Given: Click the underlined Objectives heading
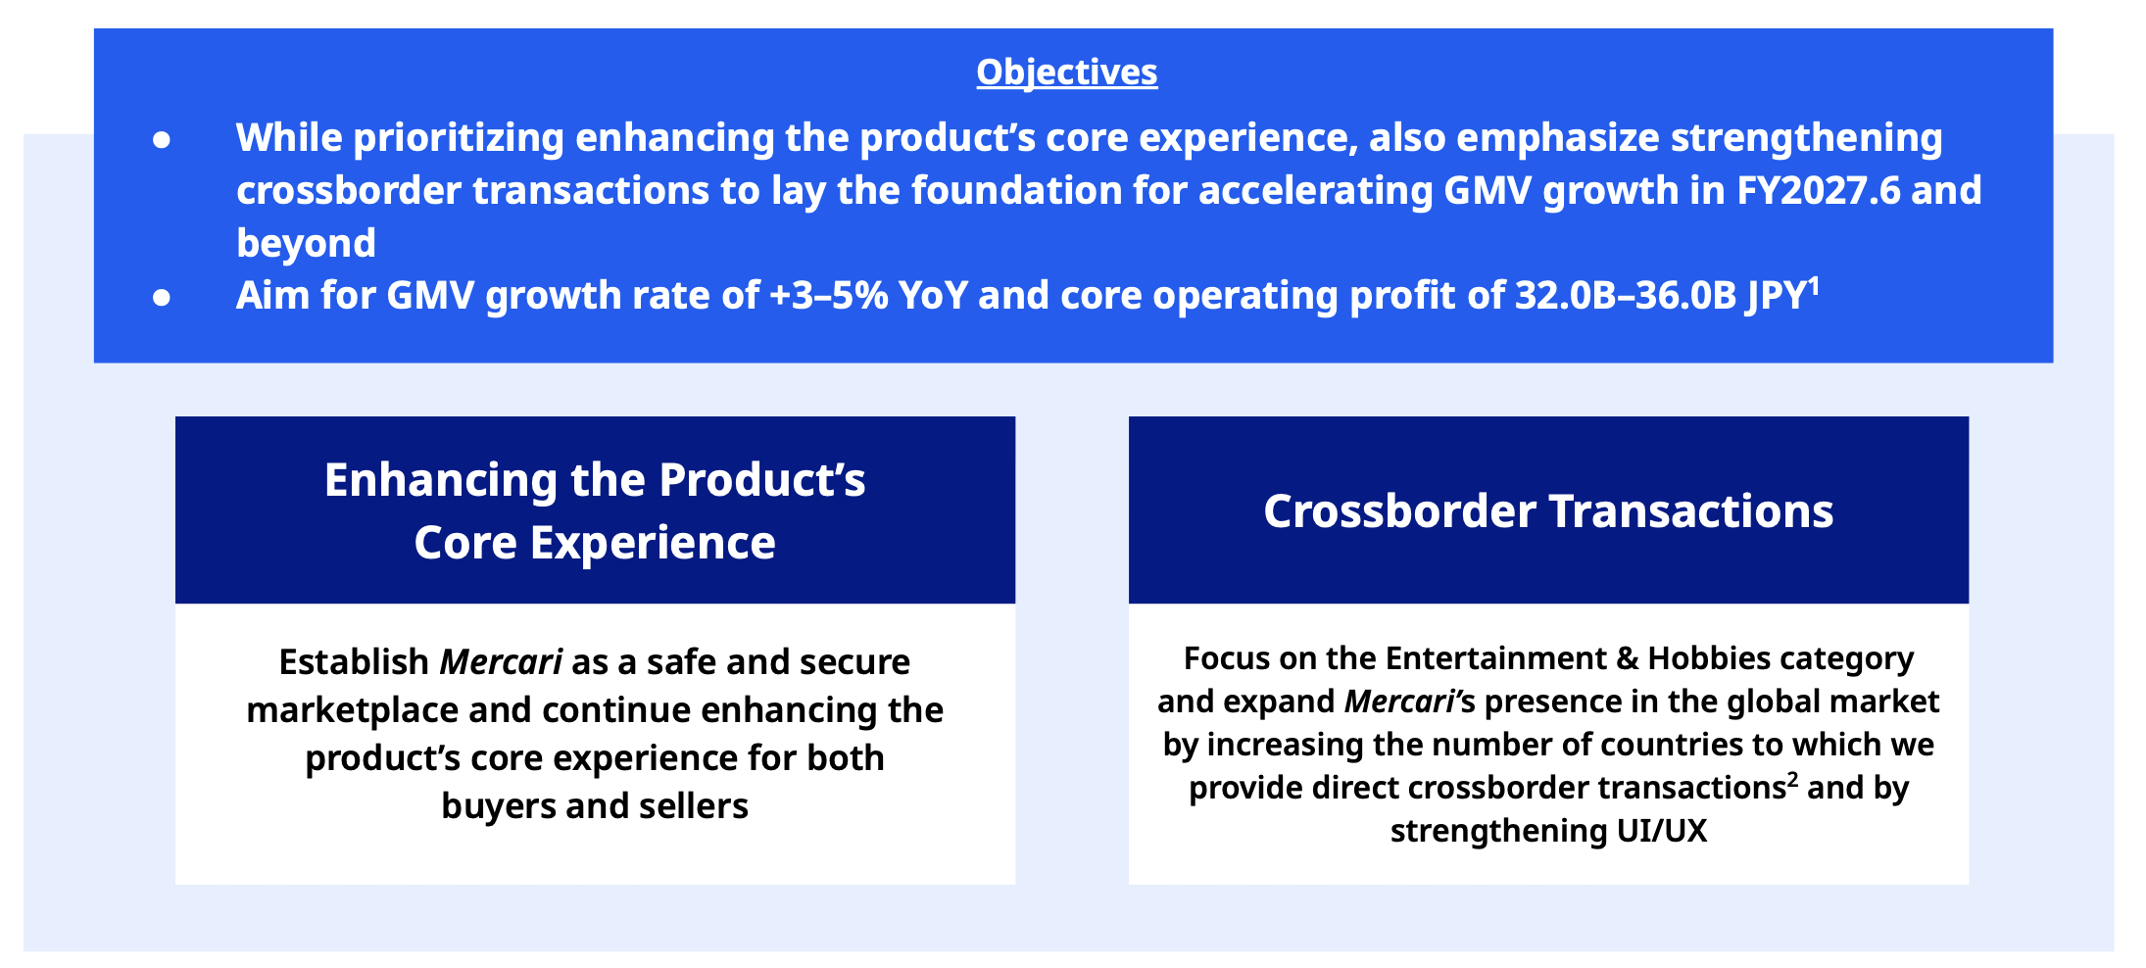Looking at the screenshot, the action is (1067, 73).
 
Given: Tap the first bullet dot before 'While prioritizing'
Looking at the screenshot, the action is (162, 140).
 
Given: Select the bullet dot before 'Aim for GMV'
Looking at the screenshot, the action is (162, 297).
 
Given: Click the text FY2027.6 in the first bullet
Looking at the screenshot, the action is (1818, 190).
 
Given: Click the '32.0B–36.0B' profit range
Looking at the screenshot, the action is (1626, 295).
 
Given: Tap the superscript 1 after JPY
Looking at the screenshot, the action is (1814, 285).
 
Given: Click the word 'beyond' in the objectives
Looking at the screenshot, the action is (306, 243).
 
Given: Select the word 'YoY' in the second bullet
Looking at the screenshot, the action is (933, 295).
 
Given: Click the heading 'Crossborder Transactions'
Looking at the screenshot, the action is (1548, 510).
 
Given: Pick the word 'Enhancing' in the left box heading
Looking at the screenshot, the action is (441, 480).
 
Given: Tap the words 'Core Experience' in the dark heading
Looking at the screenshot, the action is (595, 543).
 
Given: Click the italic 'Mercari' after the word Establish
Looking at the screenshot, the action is (501, 662).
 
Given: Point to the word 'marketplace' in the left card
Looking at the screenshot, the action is (352, 710).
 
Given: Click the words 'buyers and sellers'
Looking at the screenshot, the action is (595, 806).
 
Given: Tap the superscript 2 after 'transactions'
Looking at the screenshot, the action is (1793, 779).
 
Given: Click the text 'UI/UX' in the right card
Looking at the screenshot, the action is (1662, 831).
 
